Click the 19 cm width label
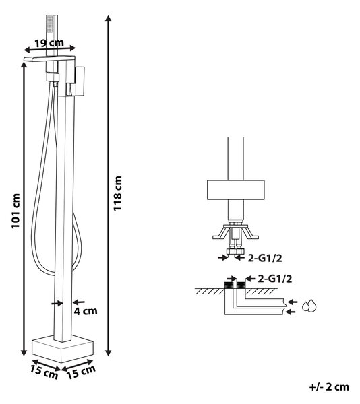pyautogui.click(x=49, y=43)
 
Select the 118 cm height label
pyautogui.click(x=117, y=193)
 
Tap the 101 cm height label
pyautogui.click(x=16, y=211)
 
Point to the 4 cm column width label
pyautogui.click(x=86, y=311)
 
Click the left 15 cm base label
pyautogui.click(x=44, y=372)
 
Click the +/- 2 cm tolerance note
pyautogui.click(x=329, y=386)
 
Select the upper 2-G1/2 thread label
pyautogui.click(x=265, y=258)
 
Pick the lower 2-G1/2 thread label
pyautogui.click(x=275, y=279)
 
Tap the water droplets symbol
pyautogui.click(x=309, y=306)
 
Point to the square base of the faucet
pyautogui.click(x=63, y=349)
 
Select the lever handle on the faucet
pyautogui.click(x=78, y=81)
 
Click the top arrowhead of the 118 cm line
pyautogui.click(x=109, y=18)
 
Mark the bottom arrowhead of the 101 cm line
pyautogui.click(x=24, y=352)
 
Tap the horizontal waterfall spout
pyautogui.click(x=49, y=59)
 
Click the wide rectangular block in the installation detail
pyautogui.click(x=236, y=190)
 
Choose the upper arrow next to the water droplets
pyautogui.click(x=293, y=302)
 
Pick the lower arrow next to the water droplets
pyautogui.click(x=291, y=312)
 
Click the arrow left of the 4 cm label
pyautogui.click(x=57, y=304)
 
